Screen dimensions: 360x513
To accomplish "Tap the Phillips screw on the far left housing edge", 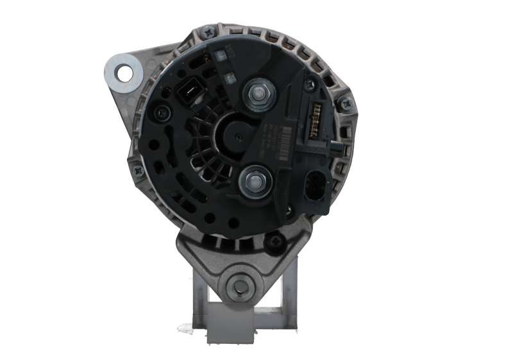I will (x=137, y=171).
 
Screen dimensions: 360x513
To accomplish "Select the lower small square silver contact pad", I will (x=229, y=76).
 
